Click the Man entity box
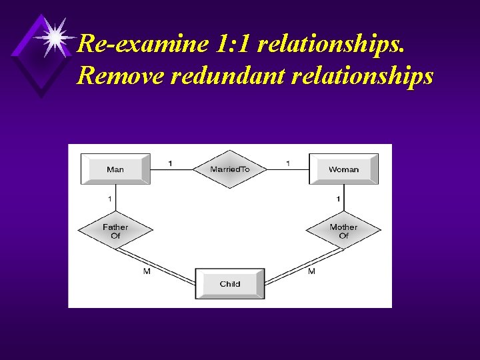point(115,169)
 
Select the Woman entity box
point(343,169)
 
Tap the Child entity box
point(230,283)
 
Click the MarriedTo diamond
point(230,169)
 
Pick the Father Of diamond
point(115,231)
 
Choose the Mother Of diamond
point(343,231)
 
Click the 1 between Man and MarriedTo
point(170,163)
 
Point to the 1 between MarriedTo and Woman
point(288,163)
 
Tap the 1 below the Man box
point(109,199)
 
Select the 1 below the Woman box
point(339,199)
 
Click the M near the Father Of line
point(147,271)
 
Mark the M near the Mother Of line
point(311,271)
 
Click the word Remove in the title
point(120,75)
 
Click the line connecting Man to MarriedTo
point(171,169)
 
